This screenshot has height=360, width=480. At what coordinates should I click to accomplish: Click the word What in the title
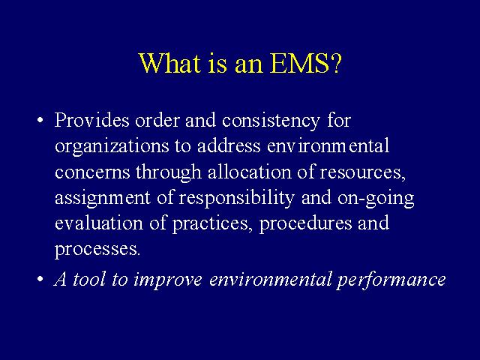[x=169, y=63]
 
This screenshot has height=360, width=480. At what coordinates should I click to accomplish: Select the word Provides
[x=91, y=120]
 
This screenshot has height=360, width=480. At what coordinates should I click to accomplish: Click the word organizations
[x=112, y=147]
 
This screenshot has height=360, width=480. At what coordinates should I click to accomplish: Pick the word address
[x=229, y=145]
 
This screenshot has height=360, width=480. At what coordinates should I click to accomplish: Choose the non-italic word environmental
[x=328, y=145]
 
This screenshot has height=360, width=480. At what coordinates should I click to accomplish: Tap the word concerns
[x=92, y=172]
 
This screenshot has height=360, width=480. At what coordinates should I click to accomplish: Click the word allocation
[x=250, y=172]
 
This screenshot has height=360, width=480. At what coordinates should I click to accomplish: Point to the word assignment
[x=103, y=199]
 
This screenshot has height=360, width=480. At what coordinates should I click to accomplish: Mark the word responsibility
[x=236, y=199]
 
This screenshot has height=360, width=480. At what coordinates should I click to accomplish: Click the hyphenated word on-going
[x=376, y=199]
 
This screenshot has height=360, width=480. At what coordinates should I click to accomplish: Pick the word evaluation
[x=99, y=223]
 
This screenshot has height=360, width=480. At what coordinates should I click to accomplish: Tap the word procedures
[x=305, y=224]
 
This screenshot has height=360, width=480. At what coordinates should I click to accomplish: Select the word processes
[x=97, y=250]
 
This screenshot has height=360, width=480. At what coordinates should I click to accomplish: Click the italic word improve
[x=168, y=280]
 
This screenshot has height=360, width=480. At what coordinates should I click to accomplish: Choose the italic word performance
[x=391, y=280]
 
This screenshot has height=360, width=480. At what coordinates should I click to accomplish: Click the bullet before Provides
[x=40, y=120]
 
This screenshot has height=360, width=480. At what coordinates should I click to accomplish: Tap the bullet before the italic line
[x=40, y=279]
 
